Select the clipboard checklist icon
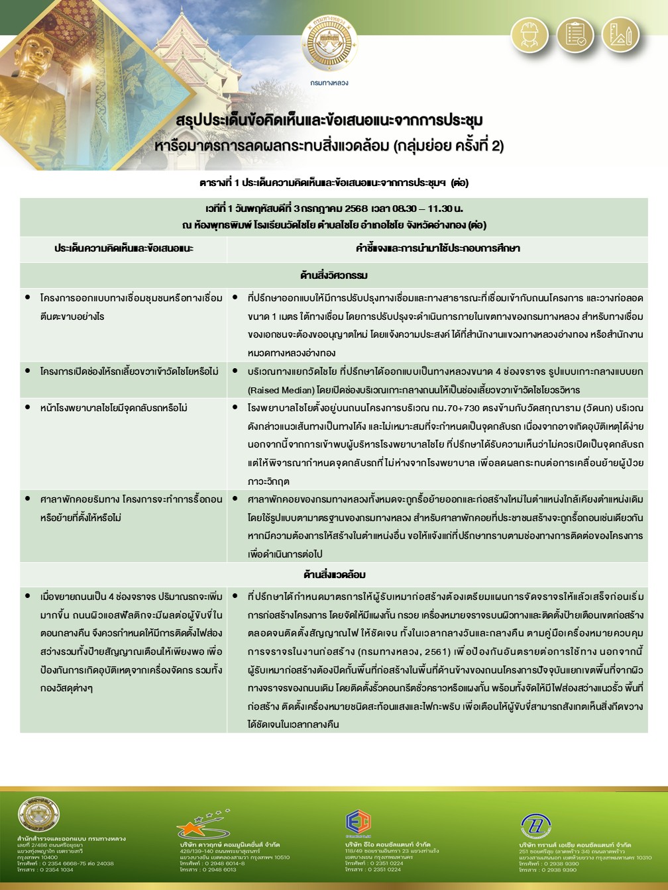pos(575,34)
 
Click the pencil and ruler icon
pos(621,34)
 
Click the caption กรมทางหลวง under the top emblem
pos(329,83)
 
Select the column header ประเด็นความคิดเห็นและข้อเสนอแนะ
pos(123,248)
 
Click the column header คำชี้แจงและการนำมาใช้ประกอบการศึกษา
pos(437,248)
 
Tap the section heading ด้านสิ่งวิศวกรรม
pos(334,274)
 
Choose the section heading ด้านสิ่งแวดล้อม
pos(334,574)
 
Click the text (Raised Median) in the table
pos(279,389)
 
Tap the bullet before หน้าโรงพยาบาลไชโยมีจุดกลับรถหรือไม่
pos(27,407)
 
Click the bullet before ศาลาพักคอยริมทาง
pos(27,498)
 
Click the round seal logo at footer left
pos(38,816)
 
